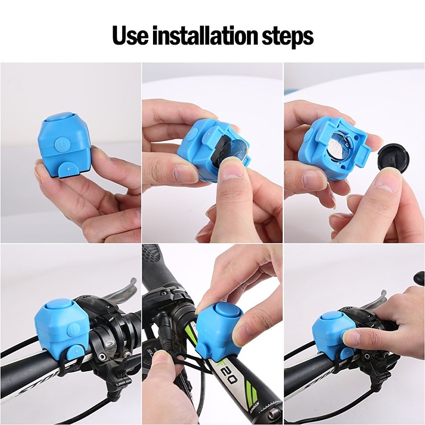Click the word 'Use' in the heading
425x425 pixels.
(130, 35)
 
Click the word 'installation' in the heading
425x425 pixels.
(205, 35)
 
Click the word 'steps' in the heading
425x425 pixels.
(287, 37)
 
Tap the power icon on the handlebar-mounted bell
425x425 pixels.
(73, 330)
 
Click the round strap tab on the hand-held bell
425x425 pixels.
(69, 170)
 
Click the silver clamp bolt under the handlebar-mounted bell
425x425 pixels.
(102, 356)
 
